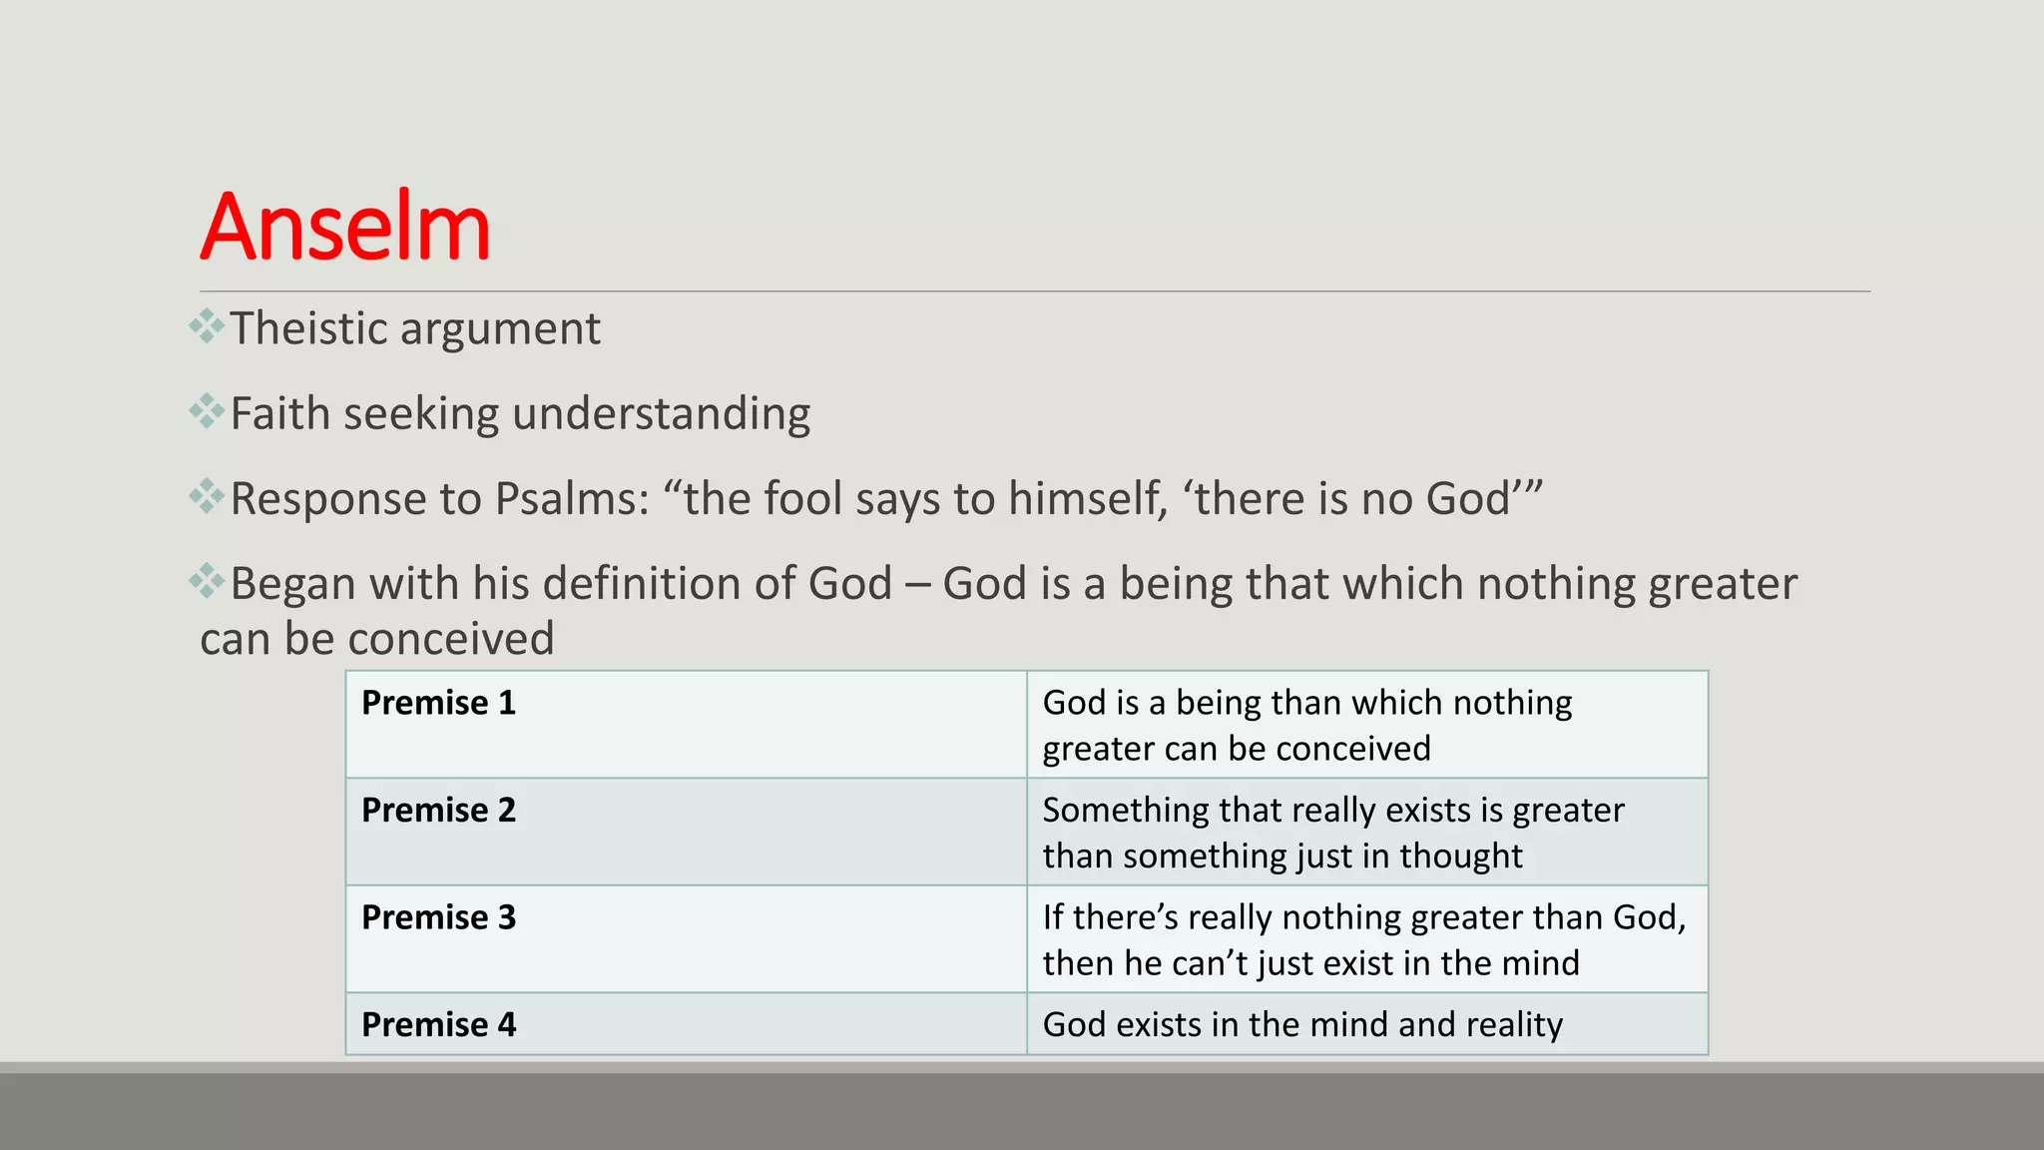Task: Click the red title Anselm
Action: coord(345,228)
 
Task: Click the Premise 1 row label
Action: coord(438,703)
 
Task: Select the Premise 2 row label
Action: coord(438,810)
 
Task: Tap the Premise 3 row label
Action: coord(438,917)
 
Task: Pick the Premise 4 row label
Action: coord(438,1024)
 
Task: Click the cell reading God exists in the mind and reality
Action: coord(1302,1024)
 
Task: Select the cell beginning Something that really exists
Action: coord(1332,832)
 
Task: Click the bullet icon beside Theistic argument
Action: coord(207,326)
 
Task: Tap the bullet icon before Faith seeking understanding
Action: coord(207,411)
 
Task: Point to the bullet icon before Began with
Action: coord(207,581)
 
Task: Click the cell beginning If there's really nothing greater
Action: coord(1363,939)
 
